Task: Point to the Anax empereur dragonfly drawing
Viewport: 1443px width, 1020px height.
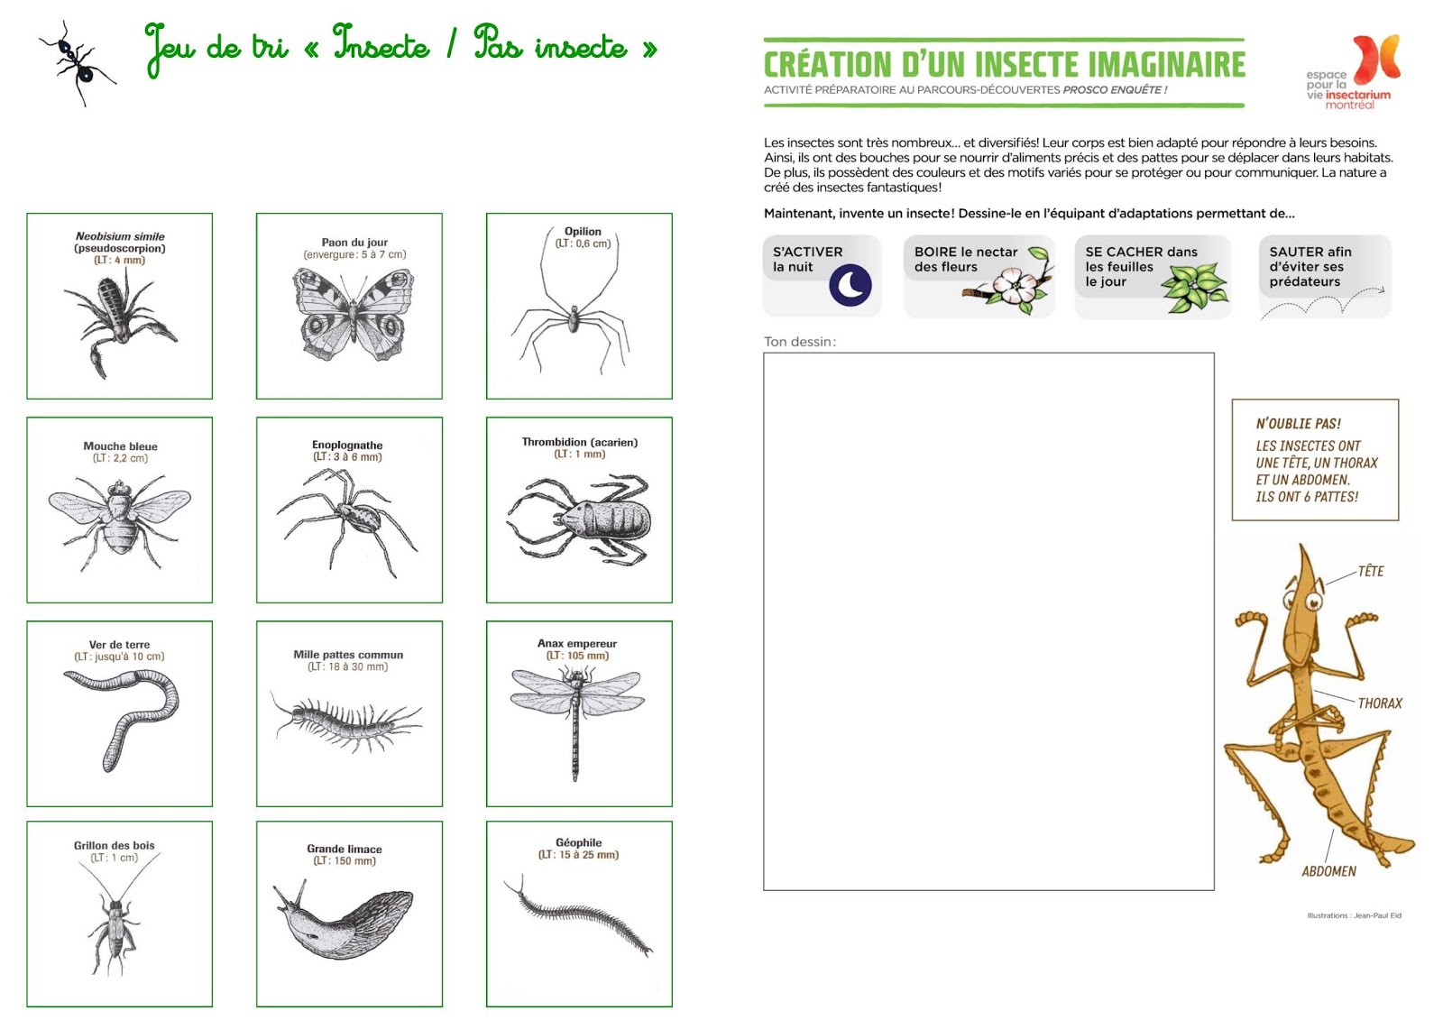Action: [576, 712]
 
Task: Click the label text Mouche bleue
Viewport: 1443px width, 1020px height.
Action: [120, 446]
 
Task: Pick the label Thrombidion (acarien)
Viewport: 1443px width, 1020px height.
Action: [579, 442]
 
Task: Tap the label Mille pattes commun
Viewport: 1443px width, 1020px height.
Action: [348, 655]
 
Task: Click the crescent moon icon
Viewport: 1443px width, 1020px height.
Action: [850, 285]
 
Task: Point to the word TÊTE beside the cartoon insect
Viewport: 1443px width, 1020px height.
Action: [1370, 571]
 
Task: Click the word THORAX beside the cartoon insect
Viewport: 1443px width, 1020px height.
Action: [1380, 703]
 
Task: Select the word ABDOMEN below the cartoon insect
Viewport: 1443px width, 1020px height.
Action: [1328, 871]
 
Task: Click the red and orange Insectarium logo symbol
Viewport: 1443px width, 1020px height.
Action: [1377, 59]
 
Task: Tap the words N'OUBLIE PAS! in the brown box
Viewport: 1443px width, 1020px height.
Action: [1298, 424]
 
